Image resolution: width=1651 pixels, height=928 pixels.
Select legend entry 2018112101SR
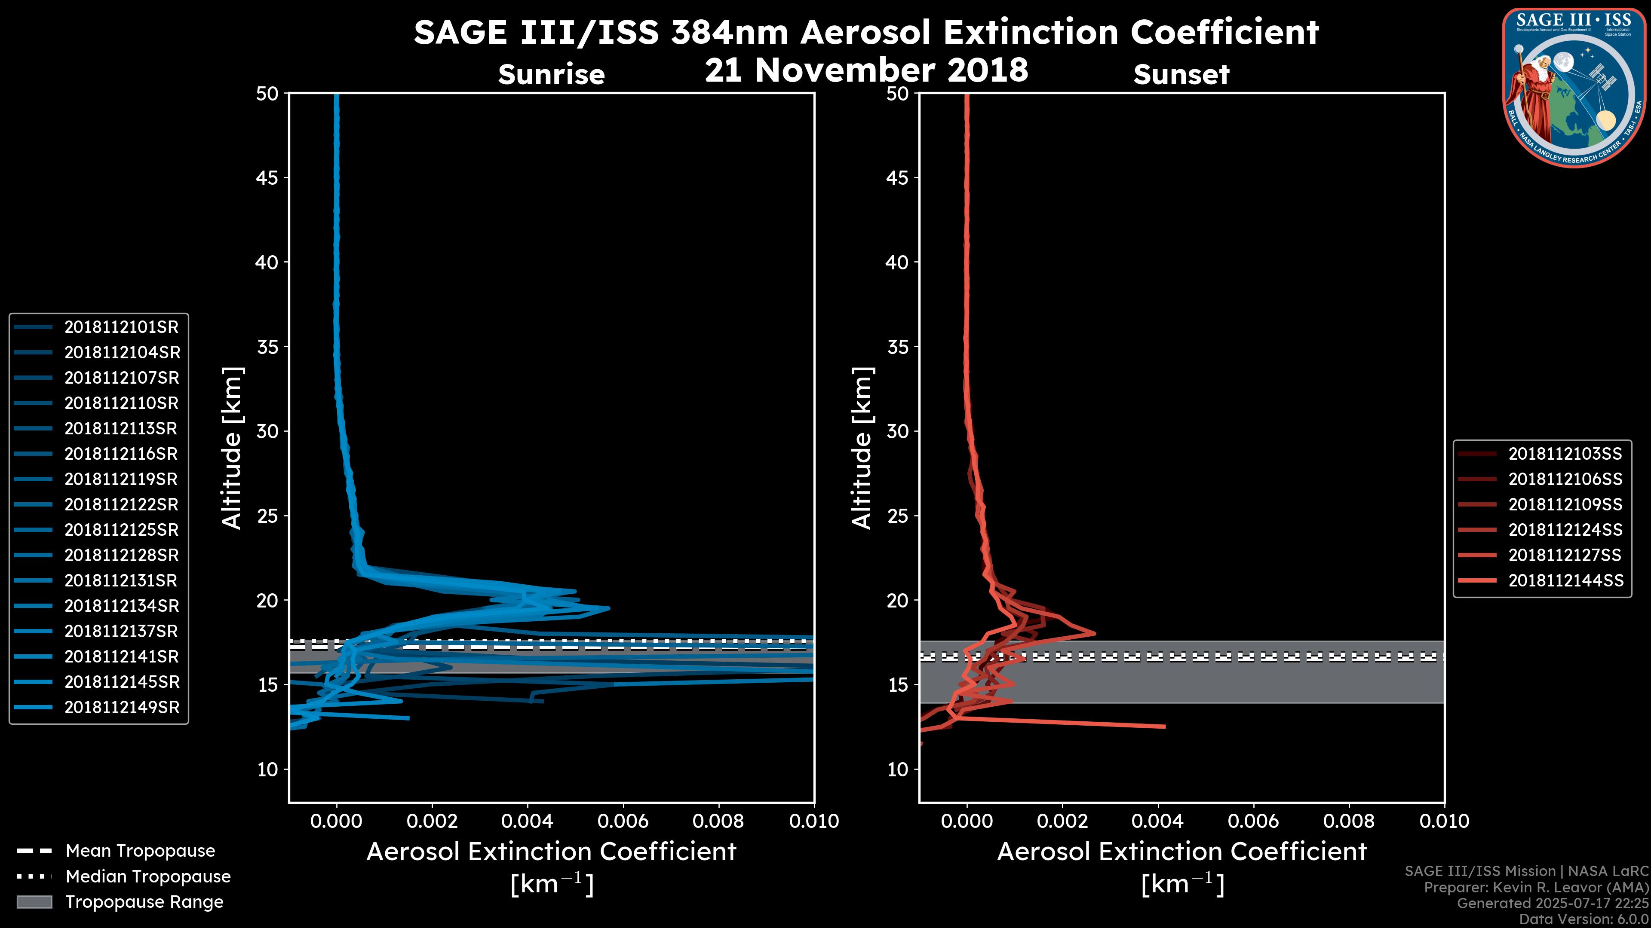pyautogui.click(x=121, y=327)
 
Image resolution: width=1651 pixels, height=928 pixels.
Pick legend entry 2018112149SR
pyautogui.click(x=122, y=708)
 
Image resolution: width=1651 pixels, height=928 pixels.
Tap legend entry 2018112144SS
pyautogui.click(x=1565, y=581)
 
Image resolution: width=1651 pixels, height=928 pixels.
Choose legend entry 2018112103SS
pyautogui.click(x=1565, y=454)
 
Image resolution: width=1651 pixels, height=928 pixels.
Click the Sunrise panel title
pyautogui.click(x=551, y=75)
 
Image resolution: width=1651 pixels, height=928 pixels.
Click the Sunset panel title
pyautogui.click(x=1181, y=75)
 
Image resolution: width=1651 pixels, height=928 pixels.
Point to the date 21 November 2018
pyautogui.click(x=866, y=70)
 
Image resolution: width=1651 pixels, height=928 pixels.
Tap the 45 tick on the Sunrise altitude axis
pyautogui.click(x=268, y=178)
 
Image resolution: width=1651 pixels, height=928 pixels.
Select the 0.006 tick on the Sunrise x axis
pyautogui.click(x=622, y=821)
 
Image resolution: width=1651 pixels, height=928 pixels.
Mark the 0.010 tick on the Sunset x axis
pyautogui.click(x=1444, y=821)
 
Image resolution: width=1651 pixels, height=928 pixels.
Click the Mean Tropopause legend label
pyautogui.click(x=140, y=851)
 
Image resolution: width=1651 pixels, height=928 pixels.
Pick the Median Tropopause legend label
pyautogui.click(x=148, y=877)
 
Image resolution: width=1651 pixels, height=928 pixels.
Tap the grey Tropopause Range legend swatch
pyautogui.click(x=34, y=902)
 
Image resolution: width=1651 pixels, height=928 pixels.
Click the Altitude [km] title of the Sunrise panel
pyautogui.click(x=232, y=448)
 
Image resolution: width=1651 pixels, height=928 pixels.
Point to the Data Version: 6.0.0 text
pyautogui.click(x=1584, y=920)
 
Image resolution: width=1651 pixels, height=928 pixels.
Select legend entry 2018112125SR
pyautogui.click(x=121, y=530)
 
